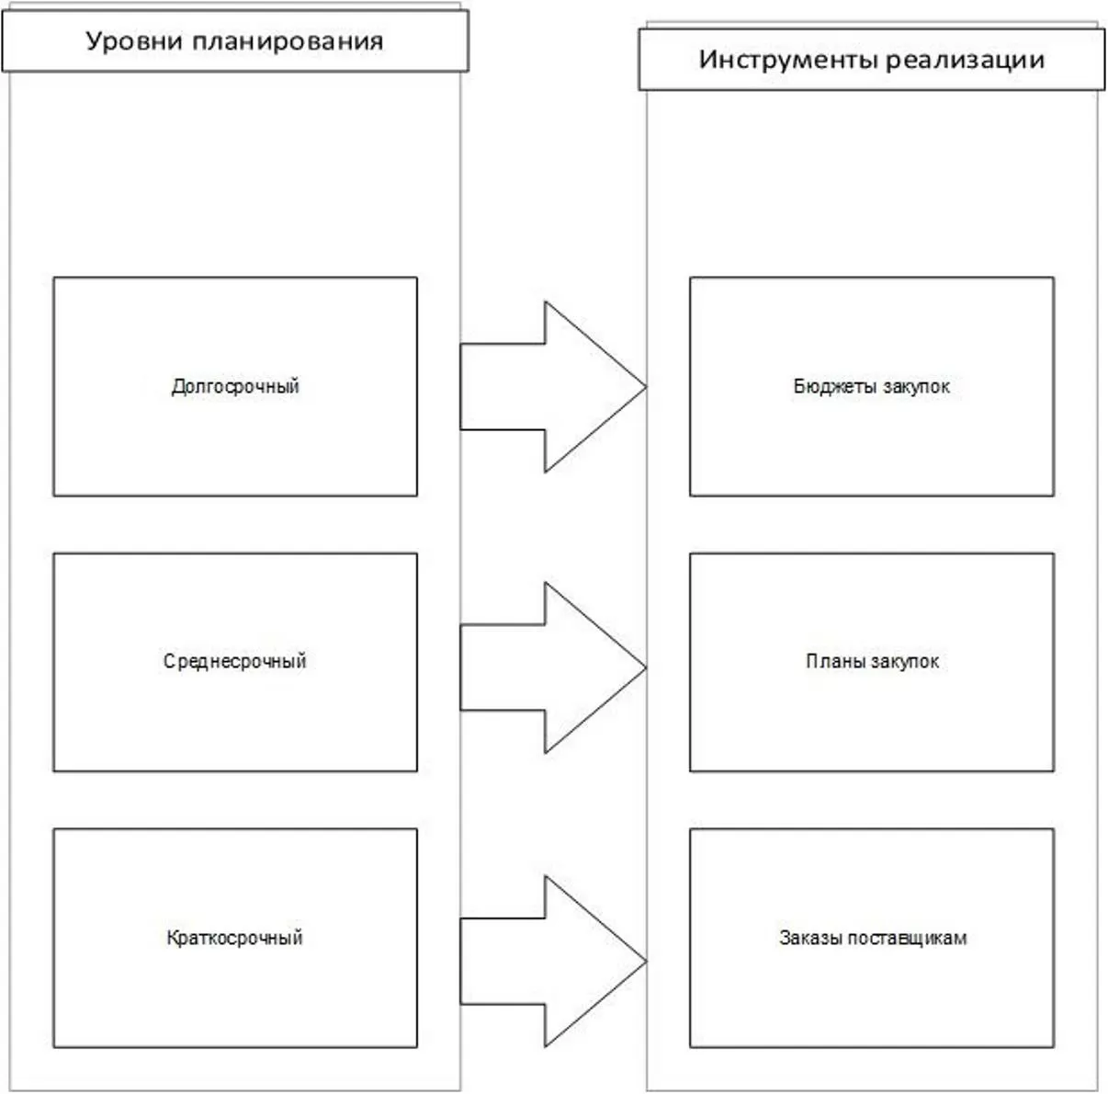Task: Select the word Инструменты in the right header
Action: click(x=788, y=60)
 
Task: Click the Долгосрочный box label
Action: click(x=235, y=386)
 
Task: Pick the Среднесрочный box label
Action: click(x=235, y=661)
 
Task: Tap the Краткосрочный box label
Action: click(x=235, y=938)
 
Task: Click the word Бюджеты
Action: click(x=830, y=386)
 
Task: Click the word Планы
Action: click(x=834, y=661)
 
